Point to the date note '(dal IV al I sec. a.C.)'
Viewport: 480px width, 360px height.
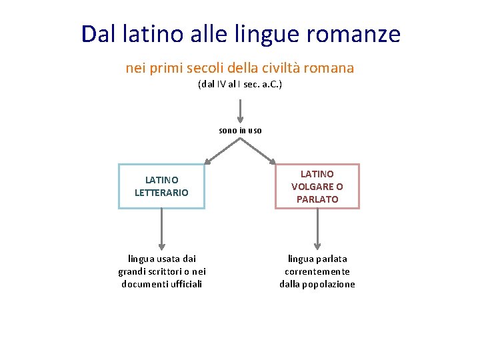240,85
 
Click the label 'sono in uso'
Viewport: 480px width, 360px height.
240,130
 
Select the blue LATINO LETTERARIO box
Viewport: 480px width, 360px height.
161,186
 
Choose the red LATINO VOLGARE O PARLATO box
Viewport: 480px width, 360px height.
317,186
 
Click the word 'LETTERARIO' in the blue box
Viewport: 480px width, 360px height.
161,193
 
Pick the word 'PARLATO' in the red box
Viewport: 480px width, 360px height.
317,199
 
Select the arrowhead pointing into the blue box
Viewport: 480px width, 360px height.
208,160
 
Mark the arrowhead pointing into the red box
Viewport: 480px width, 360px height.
272,160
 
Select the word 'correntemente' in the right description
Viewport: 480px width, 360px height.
317,271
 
